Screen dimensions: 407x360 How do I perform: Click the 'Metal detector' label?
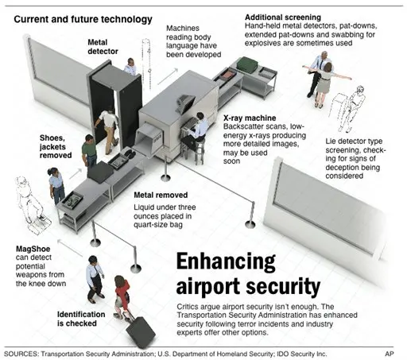pos(103,47)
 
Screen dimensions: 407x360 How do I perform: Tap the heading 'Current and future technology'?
pos(83,19)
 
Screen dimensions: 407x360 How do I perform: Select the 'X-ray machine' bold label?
pos(250,118)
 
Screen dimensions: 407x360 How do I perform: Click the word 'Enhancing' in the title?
pos(226,262)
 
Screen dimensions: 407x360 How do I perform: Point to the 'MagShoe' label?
pos(33,249)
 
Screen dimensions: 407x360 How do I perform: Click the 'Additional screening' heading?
pos(283,17)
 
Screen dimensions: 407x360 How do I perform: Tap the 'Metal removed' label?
pos(161,195)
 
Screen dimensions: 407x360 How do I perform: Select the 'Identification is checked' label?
pos(81,319)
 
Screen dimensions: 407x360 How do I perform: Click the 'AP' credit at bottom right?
pos(390,354)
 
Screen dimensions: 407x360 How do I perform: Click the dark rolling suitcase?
pos(141,332)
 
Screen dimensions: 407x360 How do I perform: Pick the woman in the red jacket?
pos(122,296)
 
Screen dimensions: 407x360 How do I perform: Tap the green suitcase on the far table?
pos(247,64)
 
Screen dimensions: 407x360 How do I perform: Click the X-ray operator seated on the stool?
pos(196,132)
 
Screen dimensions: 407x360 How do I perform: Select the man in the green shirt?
pos(89,151)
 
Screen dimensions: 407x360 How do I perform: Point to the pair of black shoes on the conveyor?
pos(130,153)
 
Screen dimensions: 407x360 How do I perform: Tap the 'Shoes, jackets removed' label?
pos(56,146)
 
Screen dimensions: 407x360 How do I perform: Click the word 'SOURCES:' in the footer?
pos(21,354)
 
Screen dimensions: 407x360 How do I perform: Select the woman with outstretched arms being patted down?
pos(327,83)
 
